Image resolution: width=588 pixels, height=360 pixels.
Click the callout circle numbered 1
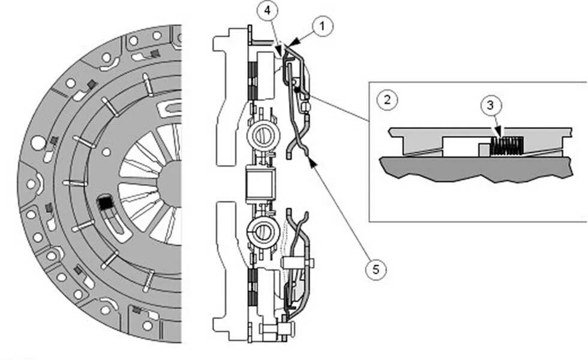pyautogui.click(x=323, y=26)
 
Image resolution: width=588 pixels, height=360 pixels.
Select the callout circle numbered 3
pyautogui.click(x=491, y=106)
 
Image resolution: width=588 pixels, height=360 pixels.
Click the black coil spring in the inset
pyautogui.click(x=508, y=144)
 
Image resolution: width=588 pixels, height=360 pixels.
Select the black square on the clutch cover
pyautogui.click(x=106, y=204)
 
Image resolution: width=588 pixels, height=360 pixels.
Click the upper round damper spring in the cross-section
pyautogui.click(x=262, y=136)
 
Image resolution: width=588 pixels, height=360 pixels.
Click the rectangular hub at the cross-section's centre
pyautogui.click(x=260, y=182)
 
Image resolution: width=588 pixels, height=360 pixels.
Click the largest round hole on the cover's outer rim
pyautogui.click(x=38, y=143)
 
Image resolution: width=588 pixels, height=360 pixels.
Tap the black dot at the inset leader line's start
pyautogui.click(x=296, y=89)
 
